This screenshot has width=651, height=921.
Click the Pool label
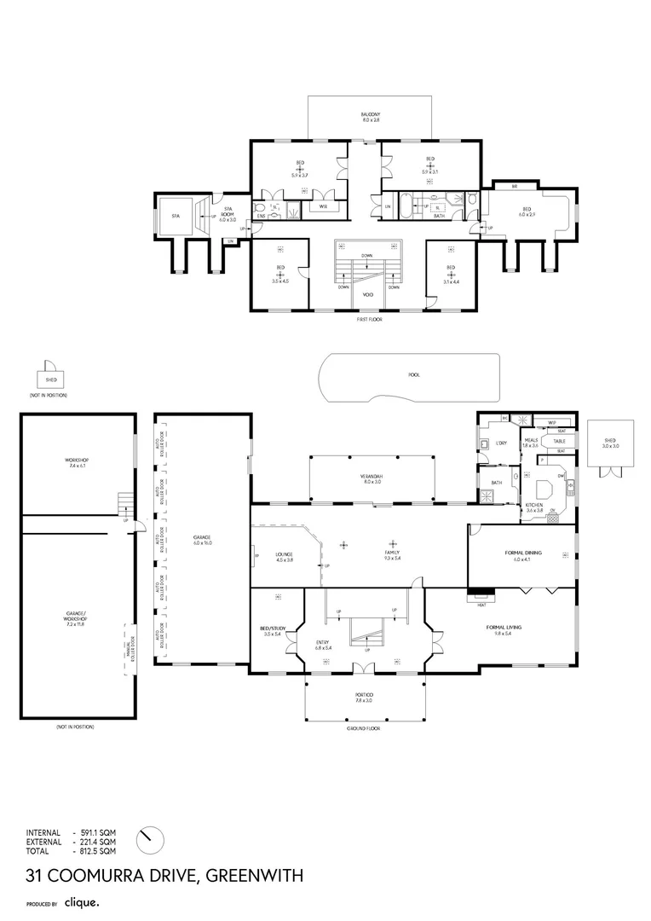414,374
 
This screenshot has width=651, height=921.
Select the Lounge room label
284,558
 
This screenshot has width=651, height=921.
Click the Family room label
392,555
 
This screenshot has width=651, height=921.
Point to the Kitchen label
534,507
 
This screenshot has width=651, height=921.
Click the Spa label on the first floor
176,216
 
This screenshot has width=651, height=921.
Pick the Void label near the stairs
368,294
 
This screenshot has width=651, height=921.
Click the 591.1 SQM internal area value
98,832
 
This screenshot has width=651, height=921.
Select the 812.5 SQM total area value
98,851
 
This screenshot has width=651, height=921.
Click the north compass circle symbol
149,838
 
